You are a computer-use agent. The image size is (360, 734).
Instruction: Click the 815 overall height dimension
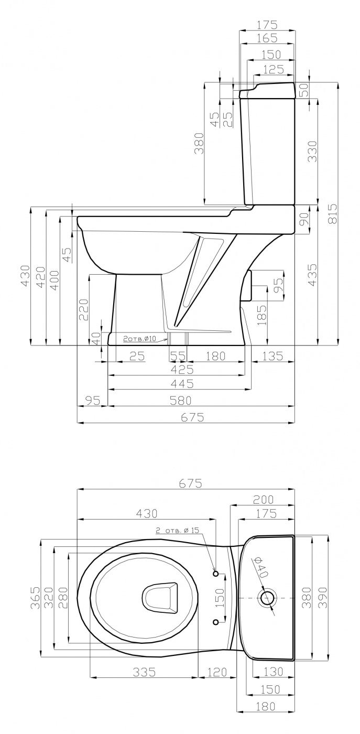[332, 214]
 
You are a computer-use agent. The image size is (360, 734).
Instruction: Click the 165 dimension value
[267, 38]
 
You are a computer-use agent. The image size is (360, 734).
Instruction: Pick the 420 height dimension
[41, 277]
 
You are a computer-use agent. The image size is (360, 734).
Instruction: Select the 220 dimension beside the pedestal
[83, 309]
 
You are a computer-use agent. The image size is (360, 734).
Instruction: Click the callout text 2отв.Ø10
[139, 339]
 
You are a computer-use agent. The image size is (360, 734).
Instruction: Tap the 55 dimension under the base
[178, 356]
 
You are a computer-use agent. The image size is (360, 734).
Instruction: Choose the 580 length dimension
[180, 400]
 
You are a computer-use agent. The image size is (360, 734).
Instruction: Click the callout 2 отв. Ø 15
[177, 531]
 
